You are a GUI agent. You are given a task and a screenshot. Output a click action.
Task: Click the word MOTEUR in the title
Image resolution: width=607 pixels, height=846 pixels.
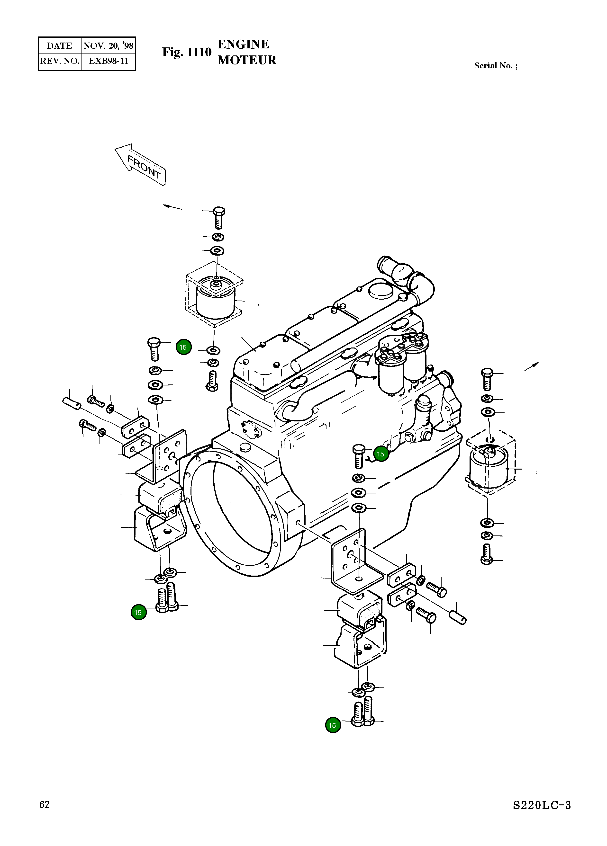pyautogui.click(x=247, y=60)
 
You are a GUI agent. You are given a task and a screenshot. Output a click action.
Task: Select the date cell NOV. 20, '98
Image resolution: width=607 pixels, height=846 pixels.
pyautogui.click(x=108, y=45)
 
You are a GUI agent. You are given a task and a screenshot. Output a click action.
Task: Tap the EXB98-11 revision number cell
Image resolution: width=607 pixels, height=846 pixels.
pyautogui.click(x=108, y=61)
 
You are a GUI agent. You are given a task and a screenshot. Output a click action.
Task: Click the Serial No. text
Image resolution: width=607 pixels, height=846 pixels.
pyautogui.click(x=495, y=66)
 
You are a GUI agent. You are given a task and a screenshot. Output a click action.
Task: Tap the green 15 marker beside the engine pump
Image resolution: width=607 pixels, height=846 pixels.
pyautogui.click(x=381, y=454)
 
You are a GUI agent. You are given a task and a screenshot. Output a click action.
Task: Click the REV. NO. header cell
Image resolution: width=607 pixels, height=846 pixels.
pyautogui.click(x=60, y=61)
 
